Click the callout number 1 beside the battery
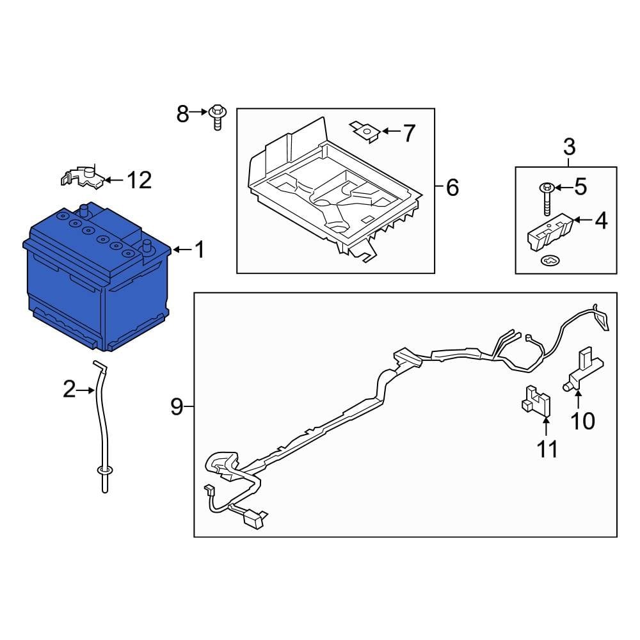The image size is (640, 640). click(199, 250)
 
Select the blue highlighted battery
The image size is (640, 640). click(96, 282)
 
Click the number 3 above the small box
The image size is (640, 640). click(569, 147)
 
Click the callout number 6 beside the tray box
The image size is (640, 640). click(452, 188)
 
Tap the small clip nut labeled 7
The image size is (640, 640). click(366, 131)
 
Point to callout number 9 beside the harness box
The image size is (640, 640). click(177, 407)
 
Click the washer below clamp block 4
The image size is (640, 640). click(549, 260)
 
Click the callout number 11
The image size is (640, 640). click(547, 449)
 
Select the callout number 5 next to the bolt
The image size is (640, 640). click(579, 187)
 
